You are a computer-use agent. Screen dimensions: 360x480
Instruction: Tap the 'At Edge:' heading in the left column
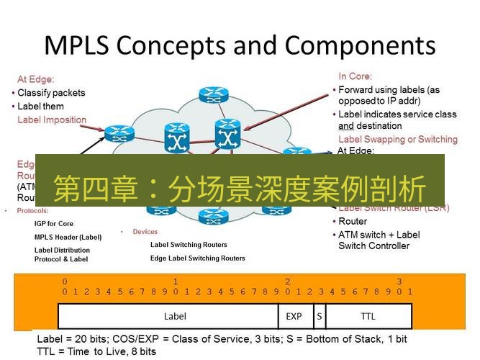[x=35, y=80]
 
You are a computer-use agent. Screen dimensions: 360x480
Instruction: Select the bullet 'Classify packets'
[x=50, y=93]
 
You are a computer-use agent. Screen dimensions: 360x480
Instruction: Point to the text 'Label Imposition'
[x=52, y=120]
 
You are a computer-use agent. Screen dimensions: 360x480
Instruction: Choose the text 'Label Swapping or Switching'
[x=397, y=139]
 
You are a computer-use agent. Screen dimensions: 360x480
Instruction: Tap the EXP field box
[x=294, y=316]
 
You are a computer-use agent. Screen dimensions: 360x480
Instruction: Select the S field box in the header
[x=318, y=316]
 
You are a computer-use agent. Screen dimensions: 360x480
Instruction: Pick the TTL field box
[x=368, y=316]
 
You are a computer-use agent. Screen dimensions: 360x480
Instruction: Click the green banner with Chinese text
[x=240, y=189]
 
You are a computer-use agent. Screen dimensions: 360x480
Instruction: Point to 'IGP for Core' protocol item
[x=53, y=224]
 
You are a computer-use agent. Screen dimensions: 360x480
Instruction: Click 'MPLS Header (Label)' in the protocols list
[x=68, y=237]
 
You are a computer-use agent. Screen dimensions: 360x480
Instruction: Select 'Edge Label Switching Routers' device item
[x=197, y=258]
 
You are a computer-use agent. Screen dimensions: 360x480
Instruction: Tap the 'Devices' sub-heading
[x=145, y=232]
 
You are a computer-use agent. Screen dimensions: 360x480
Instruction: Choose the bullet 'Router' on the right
[x=352, y=222]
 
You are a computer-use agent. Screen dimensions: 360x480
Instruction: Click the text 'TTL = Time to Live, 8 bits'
[x=96, y=351]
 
